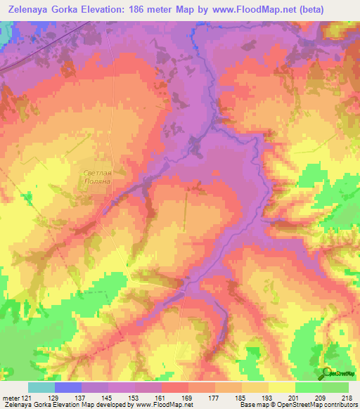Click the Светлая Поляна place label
click(98, 175)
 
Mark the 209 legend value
click(322, 398)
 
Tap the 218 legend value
click(347, 398)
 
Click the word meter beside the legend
click(11, 398)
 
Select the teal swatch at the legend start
click(41, 387)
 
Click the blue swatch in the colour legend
click(68, 387)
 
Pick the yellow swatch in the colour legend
click(281, 387)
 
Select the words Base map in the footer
click(253, 405)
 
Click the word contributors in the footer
click(336, 405)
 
